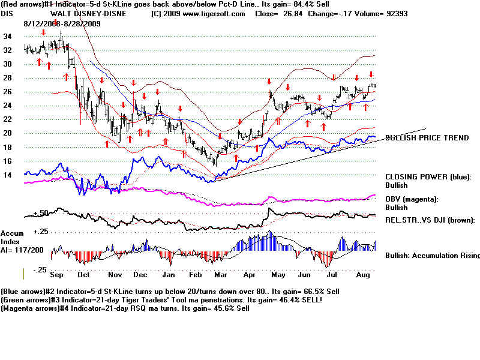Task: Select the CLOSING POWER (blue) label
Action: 427,177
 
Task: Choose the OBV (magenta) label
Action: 413,199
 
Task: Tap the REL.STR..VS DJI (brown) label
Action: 430,220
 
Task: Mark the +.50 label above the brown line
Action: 40,212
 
